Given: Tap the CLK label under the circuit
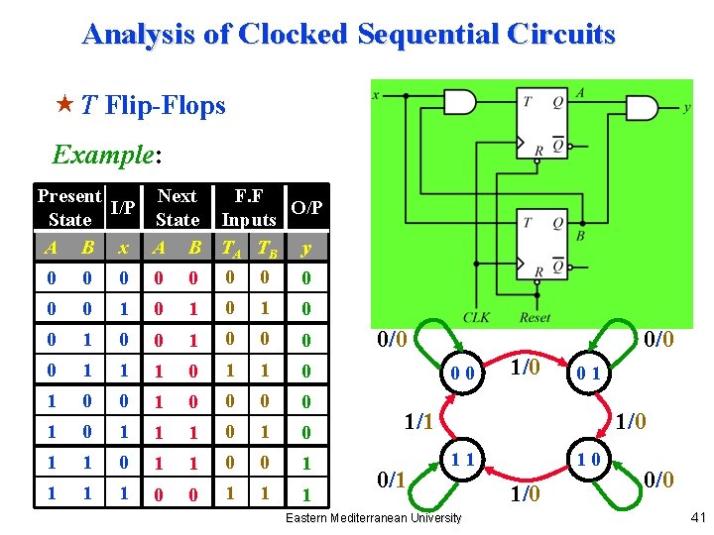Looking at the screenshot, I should point(477,317).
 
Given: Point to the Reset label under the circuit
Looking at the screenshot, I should point(535,317).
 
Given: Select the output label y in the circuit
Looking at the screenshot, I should point(686,108).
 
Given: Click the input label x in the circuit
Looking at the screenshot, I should point(376,95).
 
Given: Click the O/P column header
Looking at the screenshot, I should point(307,207).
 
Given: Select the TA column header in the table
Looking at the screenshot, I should point(230,248).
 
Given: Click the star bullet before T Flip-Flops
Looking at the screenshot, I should point(64,104).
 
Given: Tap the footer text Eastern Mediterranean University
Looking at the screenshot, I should point(374,517).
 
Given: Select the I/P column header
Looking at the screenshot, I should point(123,207).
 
